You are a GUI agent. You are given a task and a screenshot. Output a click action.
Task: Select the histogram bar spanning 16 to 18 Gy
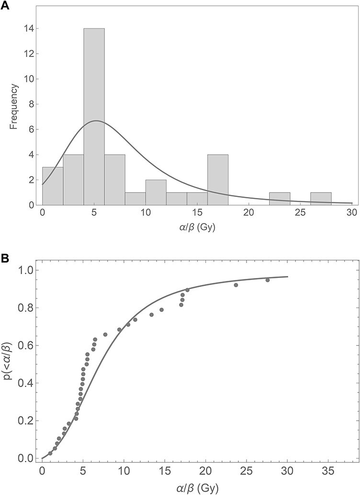(x=217, y=180)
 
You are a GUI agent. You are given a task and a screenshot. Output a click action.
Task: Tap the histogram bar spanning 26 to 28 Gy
(x=320, y=198)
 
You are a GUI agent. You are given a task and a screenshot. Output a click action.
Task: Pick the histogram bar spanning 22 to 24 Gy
(x=279, y=198)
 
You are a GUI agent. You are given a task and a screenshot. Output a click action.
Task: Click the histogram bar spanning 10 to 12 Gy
(x=156, y=192)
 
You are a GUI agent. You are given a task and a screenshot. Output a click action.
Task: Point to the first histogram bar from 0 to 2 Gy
(x=53, y=186)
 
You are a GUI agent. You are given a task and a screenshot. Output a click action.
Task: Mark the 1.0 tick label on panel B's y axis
(x=29, y=270)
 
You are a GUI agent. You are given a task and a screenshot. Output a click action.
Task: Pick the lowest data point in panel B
(x=50, y=453)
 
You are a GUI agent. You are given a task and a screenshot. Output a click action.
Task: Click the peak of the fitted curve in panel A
(x=96, y=121)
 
